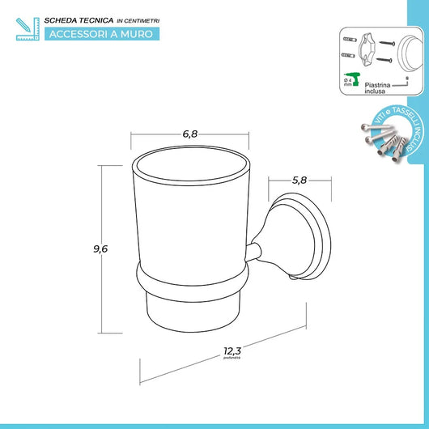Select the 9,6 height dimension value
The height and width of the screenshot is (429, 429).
coord(100,250)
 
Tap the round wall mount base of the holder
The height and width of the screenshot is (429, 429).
coord(302,244)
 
